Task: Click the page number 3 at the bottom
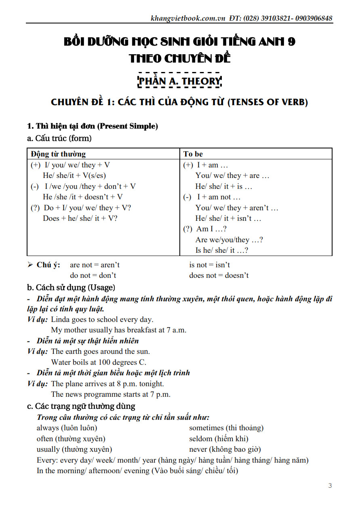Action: click(330, 486)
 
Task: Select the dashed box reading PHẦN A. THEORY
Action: click(180, 81)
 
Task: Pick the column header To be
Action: click(193, 154)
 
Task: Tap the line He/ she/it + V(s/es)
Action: click(74, 176)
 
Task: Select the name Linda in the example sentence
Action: click(61, 319)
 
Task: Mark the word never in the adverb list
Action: click(198, 449)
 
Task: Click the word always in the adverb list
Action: click(48, 428)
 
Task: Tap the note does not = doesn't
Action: click(219, 275)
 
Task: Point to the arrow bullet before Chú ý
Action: click(30, 265)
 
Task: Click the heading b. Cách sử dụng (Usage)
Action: click(71, 288)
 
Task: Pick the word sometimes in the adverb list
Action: click(206, 428)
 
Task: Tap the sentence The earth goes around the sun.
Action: click(100, 351)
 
